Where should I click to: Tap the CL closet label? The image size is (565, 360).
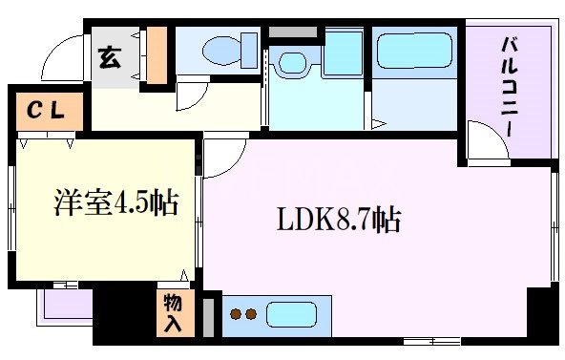click(x=45, y=111)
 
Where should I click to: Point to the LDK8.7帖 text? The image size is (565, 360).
click(x=338, y=222)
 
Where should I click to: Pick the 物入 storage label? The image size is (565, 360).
click(x=173, y=313)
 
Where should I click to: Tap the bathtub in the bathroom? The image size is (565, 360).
click(x=413, y=51)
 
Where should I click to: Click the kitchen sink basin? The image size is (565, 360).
click(x=296, y=314)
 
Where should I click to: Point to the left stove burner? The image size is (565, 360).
click(x=238, y=314)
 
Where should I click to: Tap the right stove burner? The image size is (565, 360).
click(x=252, y=314)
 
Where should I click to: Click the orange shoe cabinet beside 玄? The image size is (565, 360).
click(x=157, y=55)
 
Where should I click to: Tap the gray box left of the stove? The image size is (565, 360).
click(x=210, y=314)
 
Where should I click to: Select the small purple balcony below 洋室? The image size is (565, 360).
click(x=65, y=305)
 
